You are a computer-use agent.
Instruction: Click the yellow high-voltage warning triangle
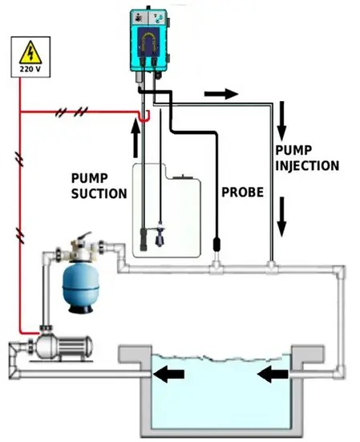coord(30,52)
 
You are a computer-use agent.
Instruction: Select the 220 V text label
coord(30,69)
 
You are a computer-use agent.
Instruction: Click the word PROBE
coord(242,193)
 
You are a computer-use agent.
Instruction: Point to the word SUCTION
coord(99,193)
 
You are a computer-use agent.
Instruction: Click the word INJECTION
coord(307,166)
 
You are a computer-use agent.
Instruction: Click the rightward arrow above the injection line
coord(221,94)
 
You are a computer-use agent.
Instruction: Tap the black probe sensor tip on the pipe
coord(216,245)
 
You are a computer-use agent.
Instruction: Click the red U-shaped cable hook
coord(144,118)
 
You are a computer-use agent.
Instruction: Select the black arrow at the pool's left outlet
coord(168,375)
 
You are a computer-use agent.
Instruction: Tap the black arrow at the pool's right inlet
coord(273,375)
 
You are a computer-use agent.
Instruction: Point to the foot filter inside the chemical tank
coord(144,239)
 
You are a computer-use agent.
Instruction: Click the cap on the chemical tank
coord(182,176)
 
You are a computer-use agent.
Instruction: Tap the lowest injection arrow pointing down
coord(281,217)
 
